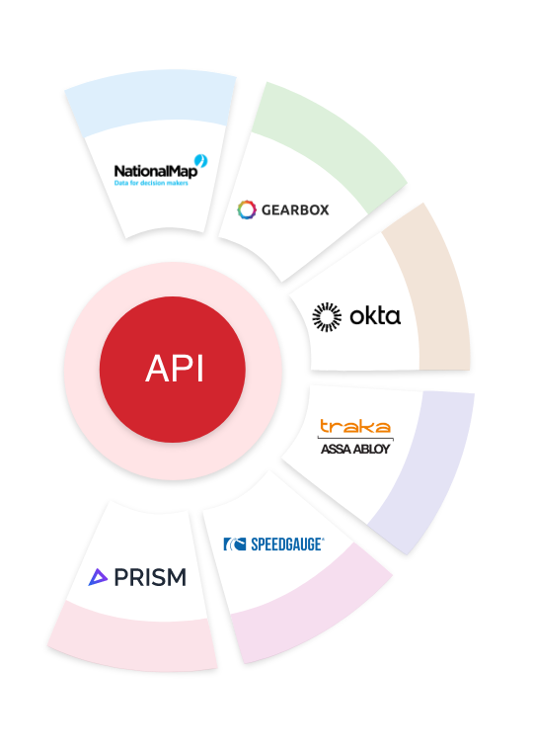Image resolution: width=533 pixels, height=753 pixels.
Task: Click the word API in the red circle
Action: click(x=174, y=369)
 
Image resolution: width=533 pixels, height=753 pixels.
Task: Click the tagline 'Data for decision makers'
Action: click(x=151, y=183)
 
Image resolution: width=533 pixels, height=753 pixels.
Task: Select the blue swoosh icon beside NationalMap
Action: click(x=201, y=160)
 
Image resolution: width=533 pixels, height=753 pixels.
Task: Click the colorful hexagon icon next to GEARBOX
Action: click(x=247, y=209)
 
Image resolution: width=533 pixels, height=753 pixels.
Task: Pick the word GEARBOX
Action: click(x=295, y=210)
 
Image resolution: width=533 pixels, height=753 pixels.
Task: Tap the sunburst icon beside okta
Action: click(x=327, y=316)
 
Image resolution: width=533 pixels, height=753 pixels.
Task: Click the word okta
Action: click(x=375, y=316)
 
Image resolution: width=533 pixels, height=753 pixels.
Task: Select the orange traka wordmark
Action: click(x=354, y=427)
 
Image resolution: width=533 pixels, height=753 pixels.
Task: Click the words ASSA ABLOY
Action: click(x=355, y=449)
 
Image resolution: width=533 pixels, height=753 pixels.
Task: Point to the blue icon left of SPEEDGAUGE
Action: click(x=234, y=544)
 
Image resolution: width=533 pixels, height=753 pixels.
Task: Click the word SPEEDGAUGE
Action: click(x=286, y=544)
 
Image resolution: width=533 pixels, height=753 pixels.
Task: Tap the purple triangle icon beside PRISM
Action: click(x=98, y=577)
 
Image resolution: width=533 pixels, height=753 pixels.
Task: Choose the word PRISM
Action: click(x=149, y=577)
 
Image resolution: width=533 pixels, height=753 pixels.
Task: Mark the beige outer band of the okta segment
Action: click(x=434, y=296)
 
